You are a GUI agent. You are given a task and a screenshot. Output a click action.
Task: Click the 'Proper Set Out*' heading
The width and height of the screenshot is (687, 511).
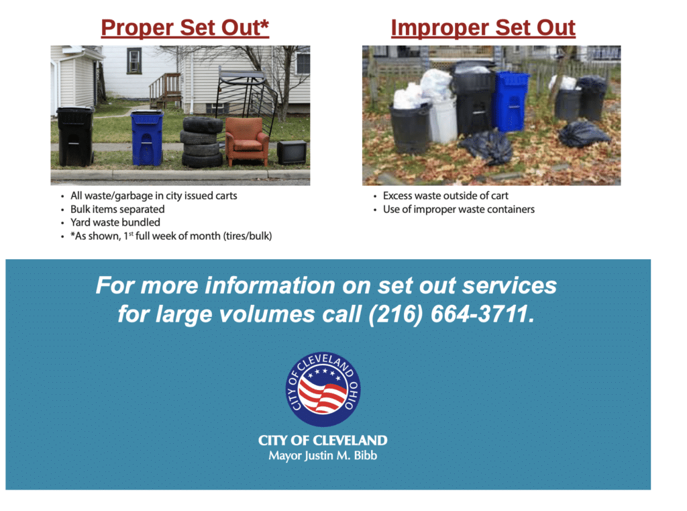pyautogui.click(x=184, y=28)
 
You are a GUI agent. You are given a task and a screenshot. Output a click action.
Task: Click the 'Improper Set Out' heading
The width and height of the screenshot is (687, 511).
pyautogui.click(x=483, y=28)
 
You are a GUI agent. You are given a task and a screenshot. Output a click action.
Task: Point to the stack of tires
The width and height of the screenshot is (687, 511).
pyautogui.click(x=202, y=142)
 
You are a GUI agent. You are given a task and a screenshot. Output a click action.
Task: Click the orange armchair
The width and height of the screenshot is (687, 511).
pyautogui.click(x=246, y=141)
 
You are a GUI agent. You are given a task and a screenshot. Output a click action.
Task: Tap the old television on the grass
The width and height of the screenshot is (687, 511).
pyautogui.click(x=292, y=152)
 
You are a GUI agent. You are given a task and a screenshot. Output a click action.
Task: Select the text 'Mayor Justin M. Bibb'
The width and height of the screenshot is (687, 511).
pyautogui.click(x=323, y=456)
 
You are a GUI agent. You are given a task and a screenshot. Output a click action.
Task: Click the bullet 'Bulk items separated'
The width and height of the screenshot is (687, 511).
pyautogui.click(x=117, y=209)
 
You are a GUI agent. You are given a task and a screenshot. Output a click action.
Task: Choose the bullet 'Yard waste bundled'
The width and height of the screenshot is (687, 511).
pyautogui.click(x=115, y=222)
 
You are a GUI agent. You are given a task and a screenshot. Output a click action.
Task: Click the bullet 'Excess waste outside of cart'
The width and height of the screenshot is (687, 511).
pyautogui.click(x=445, y=195)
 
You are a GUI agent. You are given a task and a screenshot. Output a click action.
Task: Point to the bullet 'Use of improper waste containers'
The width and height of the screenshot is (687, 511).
pyautogui.click(x=459, y=209)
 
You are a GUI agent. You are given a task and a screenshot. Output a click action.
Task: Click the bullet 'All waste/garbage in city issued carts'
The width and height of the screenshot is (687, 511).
pyautogui.click(x=154, y=195)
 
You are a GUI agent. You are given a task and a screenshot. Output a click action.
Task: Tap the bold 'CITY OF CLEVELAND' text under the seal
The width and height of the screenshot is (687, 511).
pyautogui.click(x=323, y=440)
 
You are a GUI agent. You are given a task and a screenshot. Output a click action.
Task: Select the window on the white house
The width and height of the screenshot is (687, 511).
pyautogui.click(x=134, y=61)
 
